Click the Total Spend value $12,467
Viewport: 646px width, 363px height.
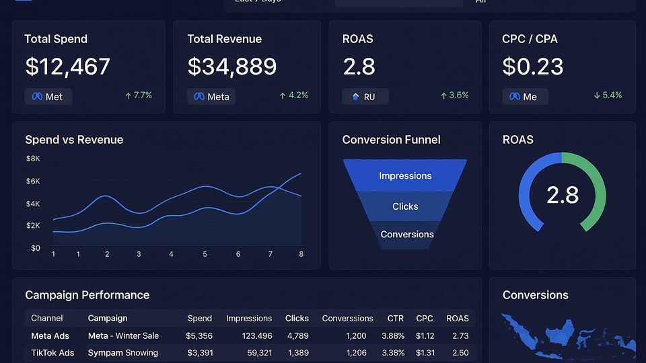67,67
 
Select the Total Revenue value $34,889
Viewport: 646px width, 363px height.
231,67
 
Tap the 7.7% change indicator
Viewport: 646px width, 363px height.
139,95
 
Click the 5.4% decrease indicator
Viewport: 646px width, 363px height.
608,95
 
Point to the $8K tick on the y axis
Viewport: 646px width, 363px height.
33,159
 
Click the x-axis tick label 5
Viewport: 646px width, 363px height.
205,254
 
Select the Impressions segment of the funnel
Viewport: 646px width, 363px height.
405,175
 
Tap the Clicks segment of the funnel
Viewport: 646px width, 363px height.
405,206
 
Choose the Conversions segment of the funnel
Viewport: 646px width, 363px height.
406,235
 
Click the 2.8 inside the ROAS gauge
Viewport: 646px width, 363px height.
562,194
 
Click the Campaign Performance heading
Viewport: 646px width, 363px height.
87,295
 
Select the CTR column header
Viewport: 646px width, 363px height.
395,318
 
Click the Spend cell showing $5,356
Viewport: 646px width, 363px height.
199,335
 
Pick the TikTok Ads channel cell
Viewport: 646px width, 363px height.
52,352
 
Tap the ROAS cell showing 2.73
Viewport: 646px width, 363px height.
460,335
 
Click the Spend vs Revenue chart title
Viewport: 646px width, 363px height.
74,140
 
